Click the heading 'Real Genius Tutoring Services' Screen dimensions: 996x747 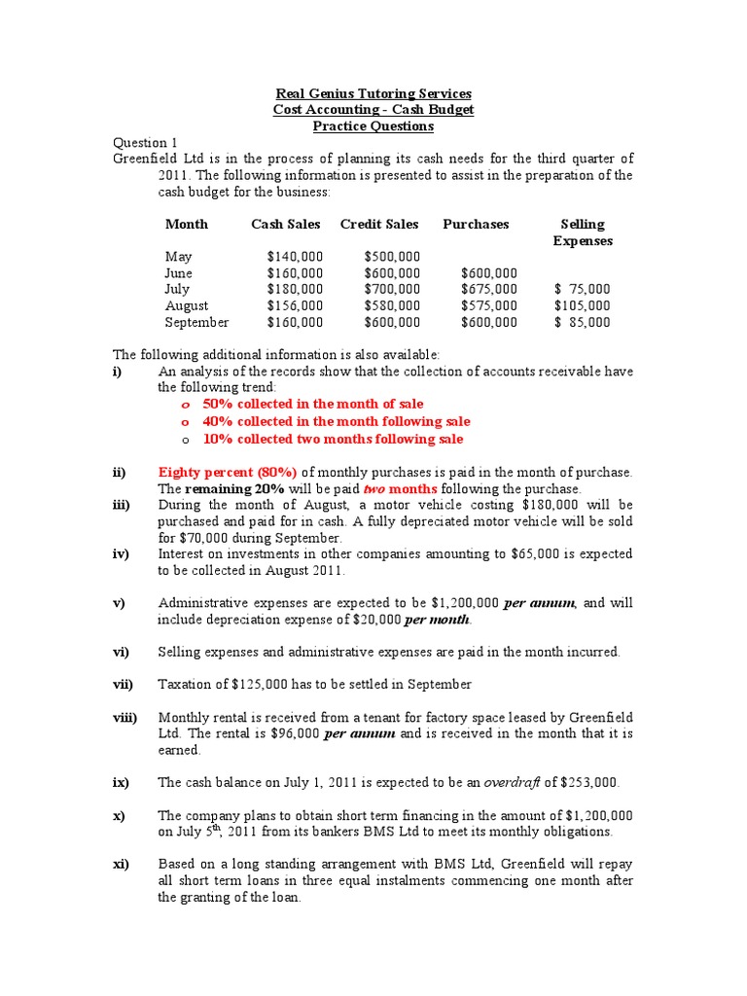click(x=373, y=93)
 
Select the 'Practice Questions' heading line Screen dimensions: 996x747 click(x=373, y=126)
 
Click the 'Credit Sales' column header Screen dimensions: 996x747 click(x=379, y=224)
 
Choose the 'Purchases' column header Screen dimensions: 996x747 click(x=476, y=224)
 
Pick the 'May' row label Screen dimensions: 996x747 click(x=179, y=257)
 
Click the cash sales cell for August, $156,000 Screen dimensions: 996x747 click(x=295, y=305)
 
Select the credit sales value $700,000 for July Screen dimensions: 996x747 click(x=392, y=289)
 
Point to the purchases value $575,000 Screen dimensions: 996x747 click(x=488, y=305)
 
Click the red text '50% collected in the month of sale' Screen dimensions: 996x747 click(x=313, y=404)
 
